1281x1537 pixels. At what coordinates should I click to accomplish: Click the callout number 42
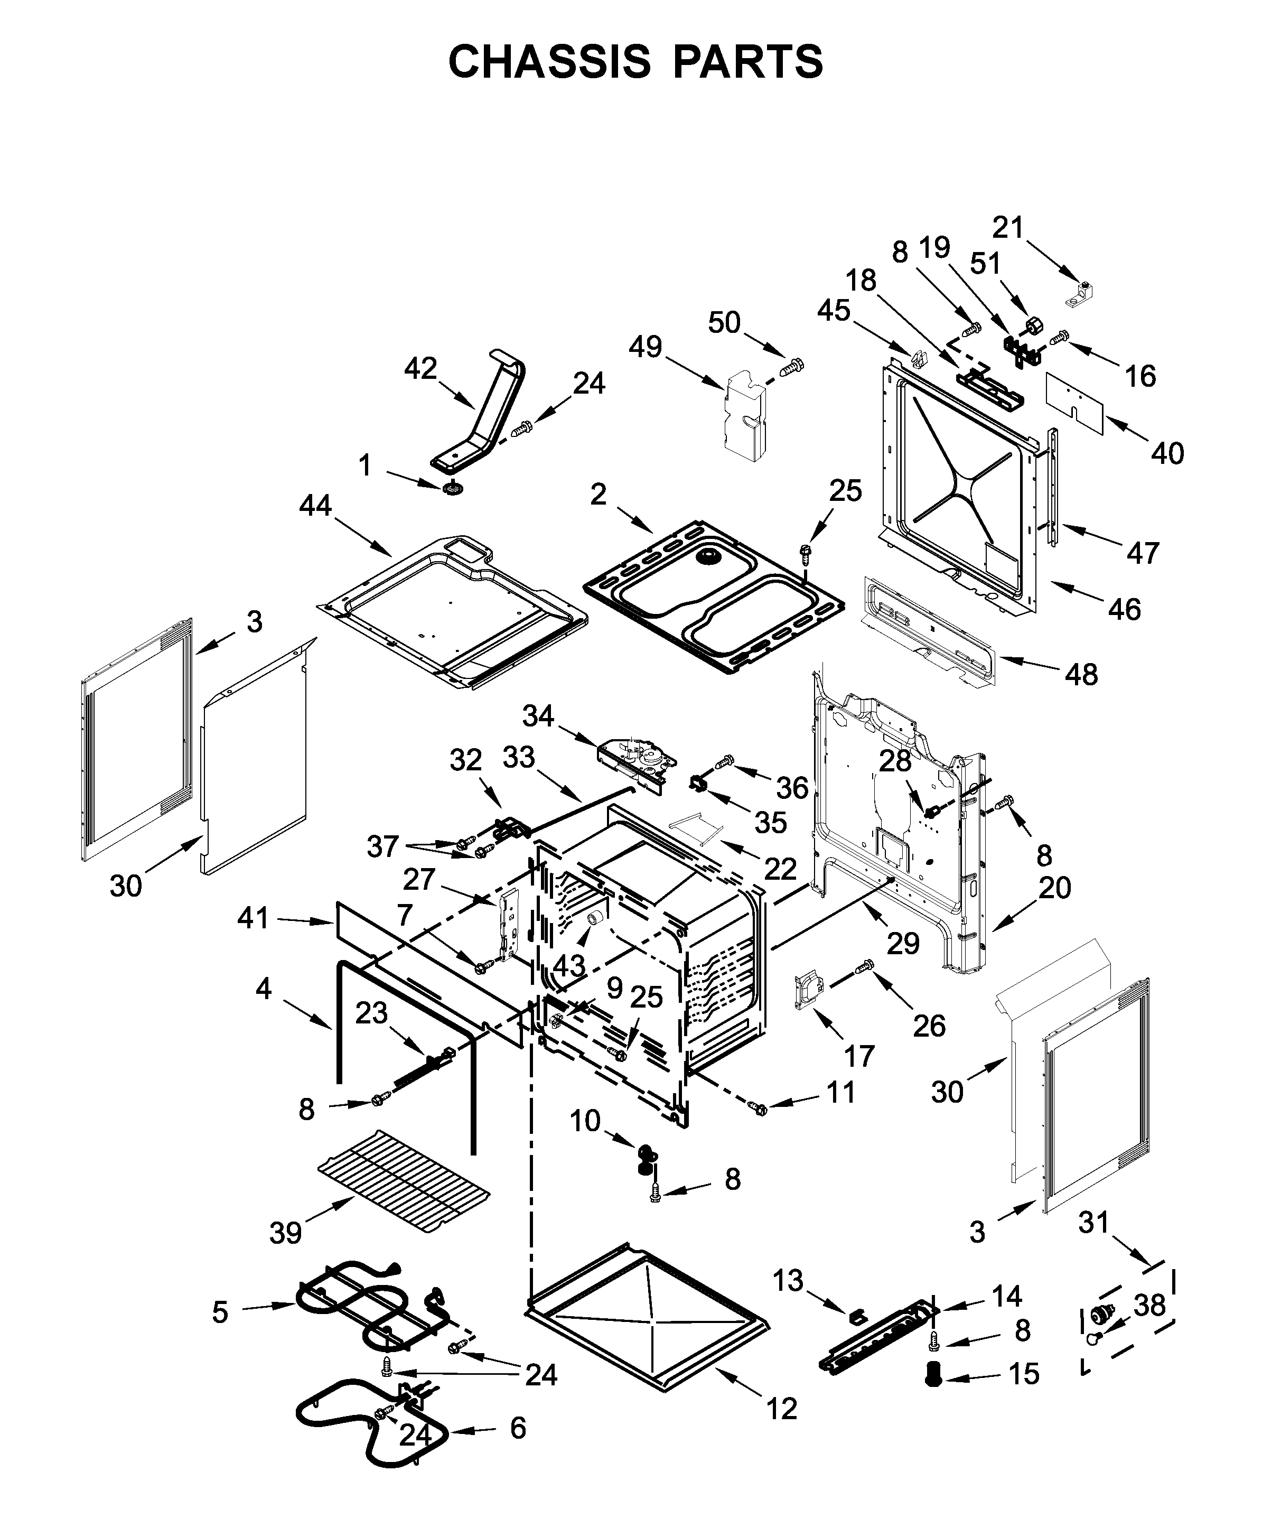coord(420,369)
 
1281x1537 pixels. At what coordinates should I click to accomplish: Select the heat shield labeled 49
coord(745,414)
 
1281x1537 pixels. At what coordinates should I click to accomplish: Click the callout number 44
coord(315,505)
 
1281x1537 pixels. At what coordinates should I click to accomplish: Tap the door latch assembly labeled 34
coord(634,761)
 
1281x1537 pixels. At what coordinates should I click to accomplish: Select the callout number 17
coord(859,1056)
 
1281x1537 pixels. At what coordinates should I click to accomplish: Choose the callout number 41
coord(253,918)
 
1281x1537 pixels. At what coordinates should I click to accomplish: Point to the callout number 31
coord(1093,1222)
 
